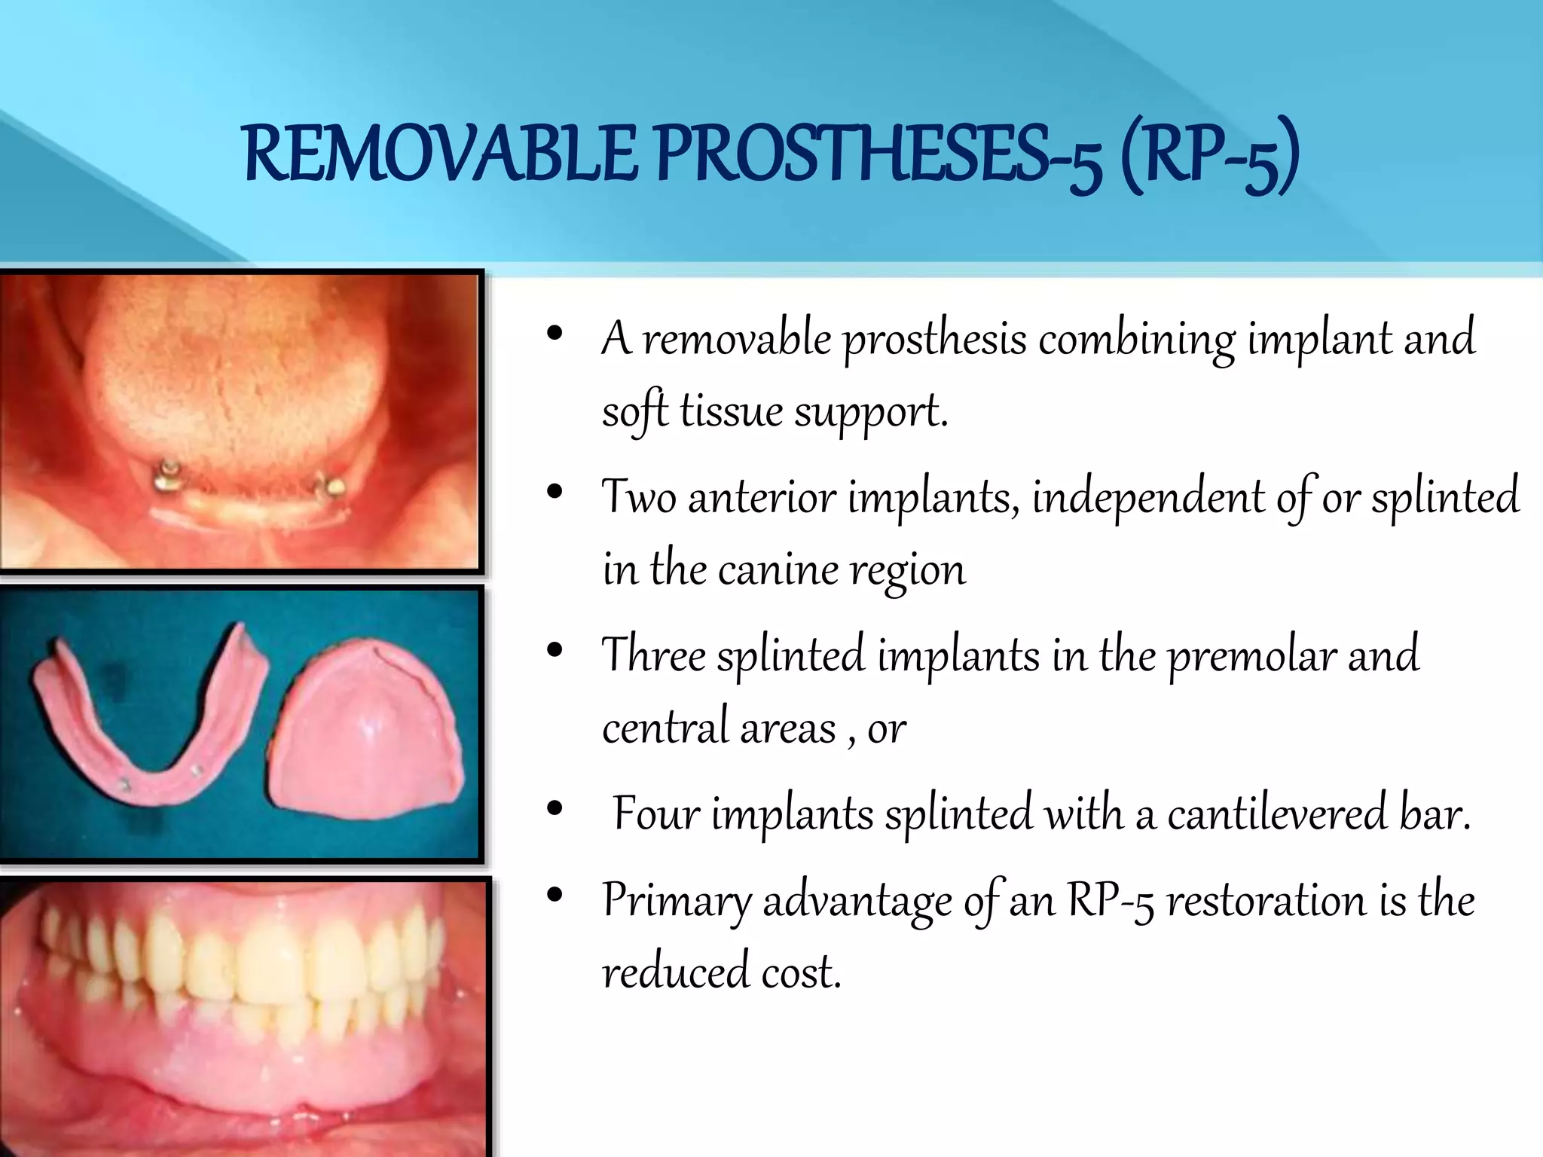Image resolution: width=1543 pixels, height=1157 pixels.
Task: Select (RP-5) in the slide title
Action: [1210, 157]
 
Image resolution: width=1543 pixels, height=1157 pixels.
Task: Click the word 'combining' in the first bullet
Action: [1136, 340]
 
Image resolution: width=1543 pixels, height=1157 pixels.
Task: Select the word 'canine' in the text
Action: [778, 569]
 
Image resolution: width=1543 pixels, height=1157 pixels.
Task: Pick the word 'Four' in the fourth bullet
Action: [655, 814]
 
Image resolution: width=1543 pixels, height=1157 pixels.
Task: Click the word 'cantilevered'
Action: [1276, 814]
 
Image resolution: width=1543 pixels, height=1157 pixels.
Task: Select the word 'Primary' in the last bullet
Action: [676, 900]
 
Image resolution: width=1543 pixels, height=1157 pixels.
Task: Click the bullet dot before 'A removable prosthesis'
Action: [555, 334]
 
